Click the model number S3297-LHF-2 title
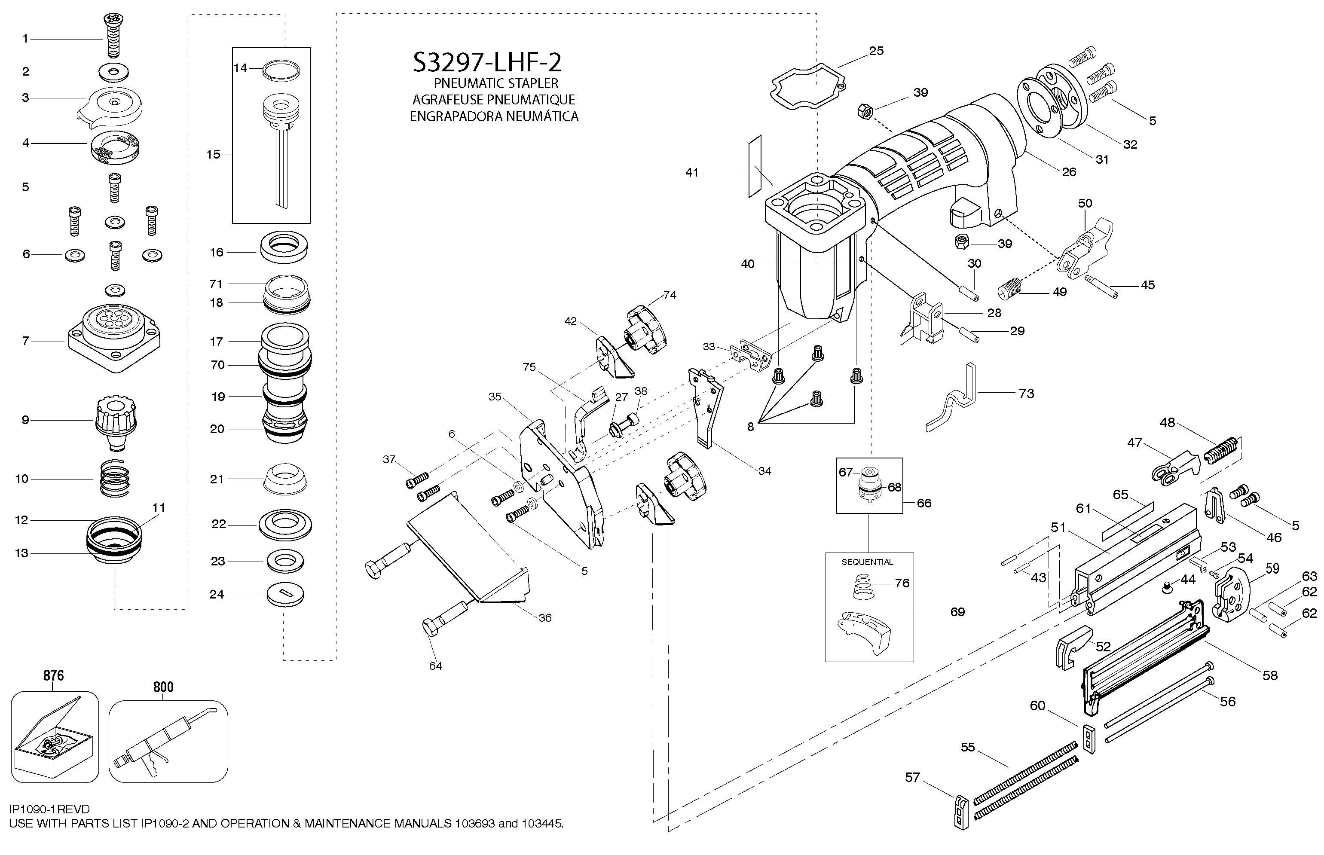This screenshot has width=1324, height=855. (487, 63)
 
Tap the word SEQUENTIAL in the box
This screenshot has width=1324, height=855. (867, 562)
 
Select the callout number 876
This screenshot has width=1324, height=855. (54, 676)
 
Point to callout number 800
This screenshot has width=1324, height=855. (163, 687)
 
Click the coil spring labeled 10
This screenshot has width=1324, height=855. (115, 479)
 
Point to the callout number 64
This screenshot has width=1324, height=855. (435, 666)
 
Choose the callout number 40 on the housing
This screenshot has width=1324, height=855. (748, 264)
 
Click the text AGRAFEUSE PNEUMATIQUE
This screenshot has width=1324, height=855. (493, 100)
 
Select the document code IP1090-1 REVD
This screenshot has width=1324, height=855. (49, 809)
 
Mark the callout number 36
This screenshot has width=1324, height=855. (545, 618)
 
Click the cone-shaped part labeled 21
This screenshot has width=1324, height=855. (284, 477)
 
